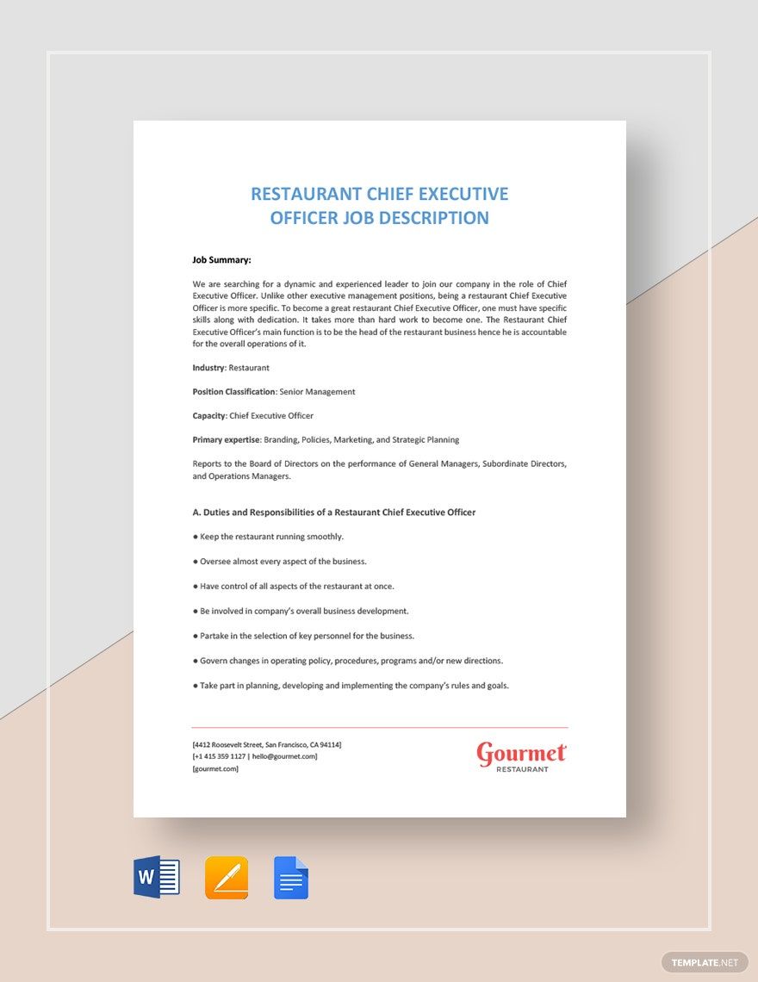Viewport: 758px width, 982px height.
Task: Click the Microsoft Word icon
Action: click(157, 878)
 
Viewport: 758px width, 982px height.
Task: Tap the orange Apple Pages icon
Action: click(227, 878)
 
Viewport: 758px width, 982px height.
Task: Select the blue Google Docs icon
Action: click(291, 878)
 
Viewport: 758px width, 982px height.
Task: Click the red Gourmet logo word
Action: click(521, 753)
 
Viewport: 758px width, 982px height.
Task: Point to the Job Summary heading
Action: click(221, 259)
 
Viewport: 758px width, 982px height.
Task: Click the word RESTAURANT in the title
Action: click(303, 194)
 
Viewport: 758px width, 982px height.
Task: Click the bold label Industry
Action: click(208, 368)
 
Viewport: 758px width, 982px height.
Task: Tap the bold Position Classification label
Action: click(233, 392)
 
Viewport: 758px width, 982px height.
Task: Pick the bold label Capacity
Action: click(208, 416)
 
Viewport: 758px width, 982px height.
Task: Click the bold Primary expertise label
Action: click(226, 440)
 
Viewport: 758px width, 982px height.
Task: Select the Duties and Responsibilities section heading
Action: click(333, 513)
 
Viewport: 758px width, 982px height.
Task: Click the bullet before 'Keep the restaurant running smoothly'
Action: click(196, 537)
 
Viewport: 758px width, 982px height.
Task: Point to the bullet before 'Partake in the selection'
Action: click(196, 636)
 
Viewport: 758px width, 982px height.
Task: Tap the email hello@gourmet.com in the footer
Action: click(284, 756)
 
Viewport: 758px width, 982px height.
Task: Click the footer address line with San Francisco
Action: click(267, 744)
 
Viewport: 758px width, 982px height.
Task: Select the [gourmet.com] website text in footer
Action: click(215, 768)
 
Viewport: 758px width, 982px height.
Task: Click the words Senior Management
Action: click(318, 392)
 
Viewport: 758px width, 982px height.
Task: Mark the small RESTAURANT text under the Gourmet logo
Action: click(522, 769)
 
